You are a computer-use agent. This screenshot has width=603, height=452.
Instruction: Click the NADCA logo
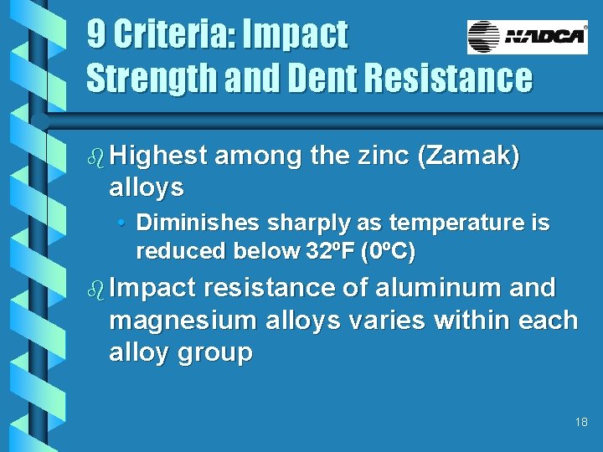pos(527,38)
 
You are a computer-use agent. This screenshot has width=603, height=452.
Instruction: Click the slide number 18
pos(581,423)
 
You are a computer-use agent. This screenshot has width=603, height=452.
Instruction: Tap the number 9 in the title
pos(97,35)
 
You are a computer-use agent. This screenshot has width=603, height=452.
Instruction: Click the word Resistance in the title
pos(453,79)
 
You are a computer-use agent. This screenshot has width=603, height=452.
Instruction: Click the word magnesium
pos(183,321)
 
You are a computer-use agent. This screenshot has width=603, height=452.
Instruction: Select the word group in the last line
pos(213,352)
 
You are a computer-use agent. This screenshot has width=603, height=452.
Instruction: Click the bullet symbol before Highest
pos(95,157)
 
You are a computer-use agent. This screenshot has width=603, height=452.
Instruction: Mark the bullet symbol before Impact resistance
pos(95,289)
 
